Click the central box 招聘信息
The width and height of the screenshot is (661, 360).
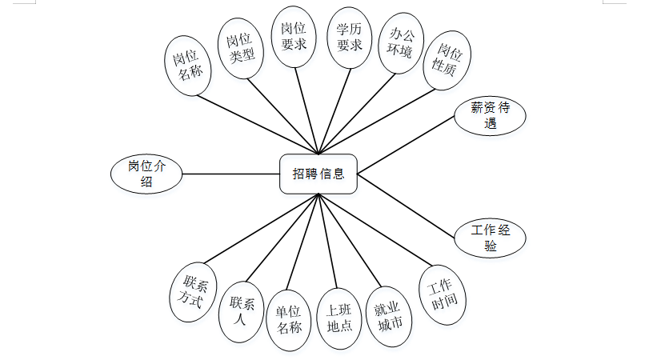318,174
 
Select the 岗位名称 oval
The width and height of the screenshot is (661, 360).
187,65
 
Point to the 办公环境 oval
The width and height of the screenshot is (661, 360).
401,43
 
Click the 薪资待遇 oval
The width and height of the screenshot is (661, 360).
490,115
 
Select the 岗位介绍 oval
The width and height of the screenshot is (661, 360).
146,174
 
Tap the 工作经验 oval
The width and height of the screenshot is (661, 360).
490,238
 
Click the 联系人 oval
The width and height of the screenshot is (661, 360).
242,310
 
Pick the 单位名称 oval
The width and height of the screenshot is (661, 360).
289,318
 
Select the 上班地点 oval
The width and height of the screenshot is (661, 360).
339,318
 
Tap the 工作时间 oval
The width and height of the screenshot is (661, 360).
442,294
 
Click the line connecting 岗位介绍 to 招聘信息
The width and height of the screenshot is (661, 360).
230,174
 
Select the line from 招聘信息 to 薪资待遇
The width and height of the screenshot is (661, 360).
407,143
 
